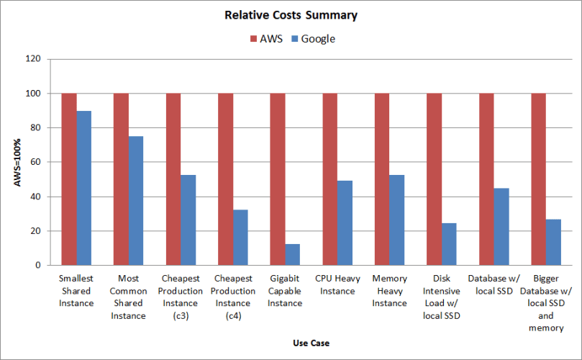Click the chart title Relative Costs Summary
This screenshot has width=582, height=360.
[291, 15]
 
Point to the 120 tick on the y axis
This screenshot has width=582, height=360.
[33, 59]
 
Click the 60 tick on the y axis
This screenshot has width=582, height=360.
[35, 162]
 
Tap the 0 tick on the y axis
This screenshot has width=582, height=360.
[38, 265]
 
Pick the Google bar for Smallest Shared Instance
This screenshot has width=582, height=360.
[84, 188]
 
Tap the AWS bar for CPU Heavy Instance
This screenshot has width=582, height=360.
[329, 179]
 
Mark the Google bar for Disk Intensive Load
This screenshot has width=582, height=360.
[449, 244]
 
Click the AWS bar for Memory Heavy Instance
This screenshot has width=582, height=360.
[381, 179]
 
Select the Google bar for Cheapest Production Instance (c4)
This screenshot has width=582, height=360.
[240, 238]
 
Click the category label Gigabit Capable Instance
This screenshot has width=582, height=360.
[285, 291]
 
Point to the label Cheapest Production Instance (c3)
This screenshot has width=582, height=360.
[181, 297]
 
